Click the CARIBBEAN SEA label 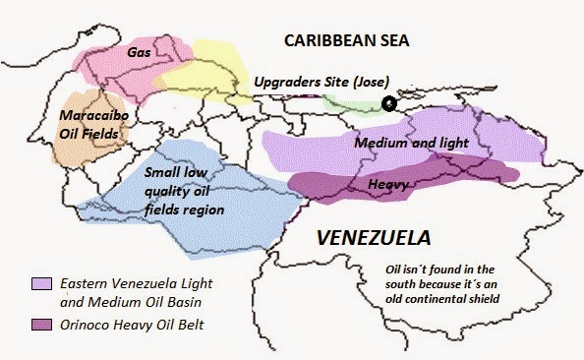pos(345,41)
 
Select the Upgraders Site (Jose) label pos(321,81)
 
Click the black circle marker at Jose pos(389,102)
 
